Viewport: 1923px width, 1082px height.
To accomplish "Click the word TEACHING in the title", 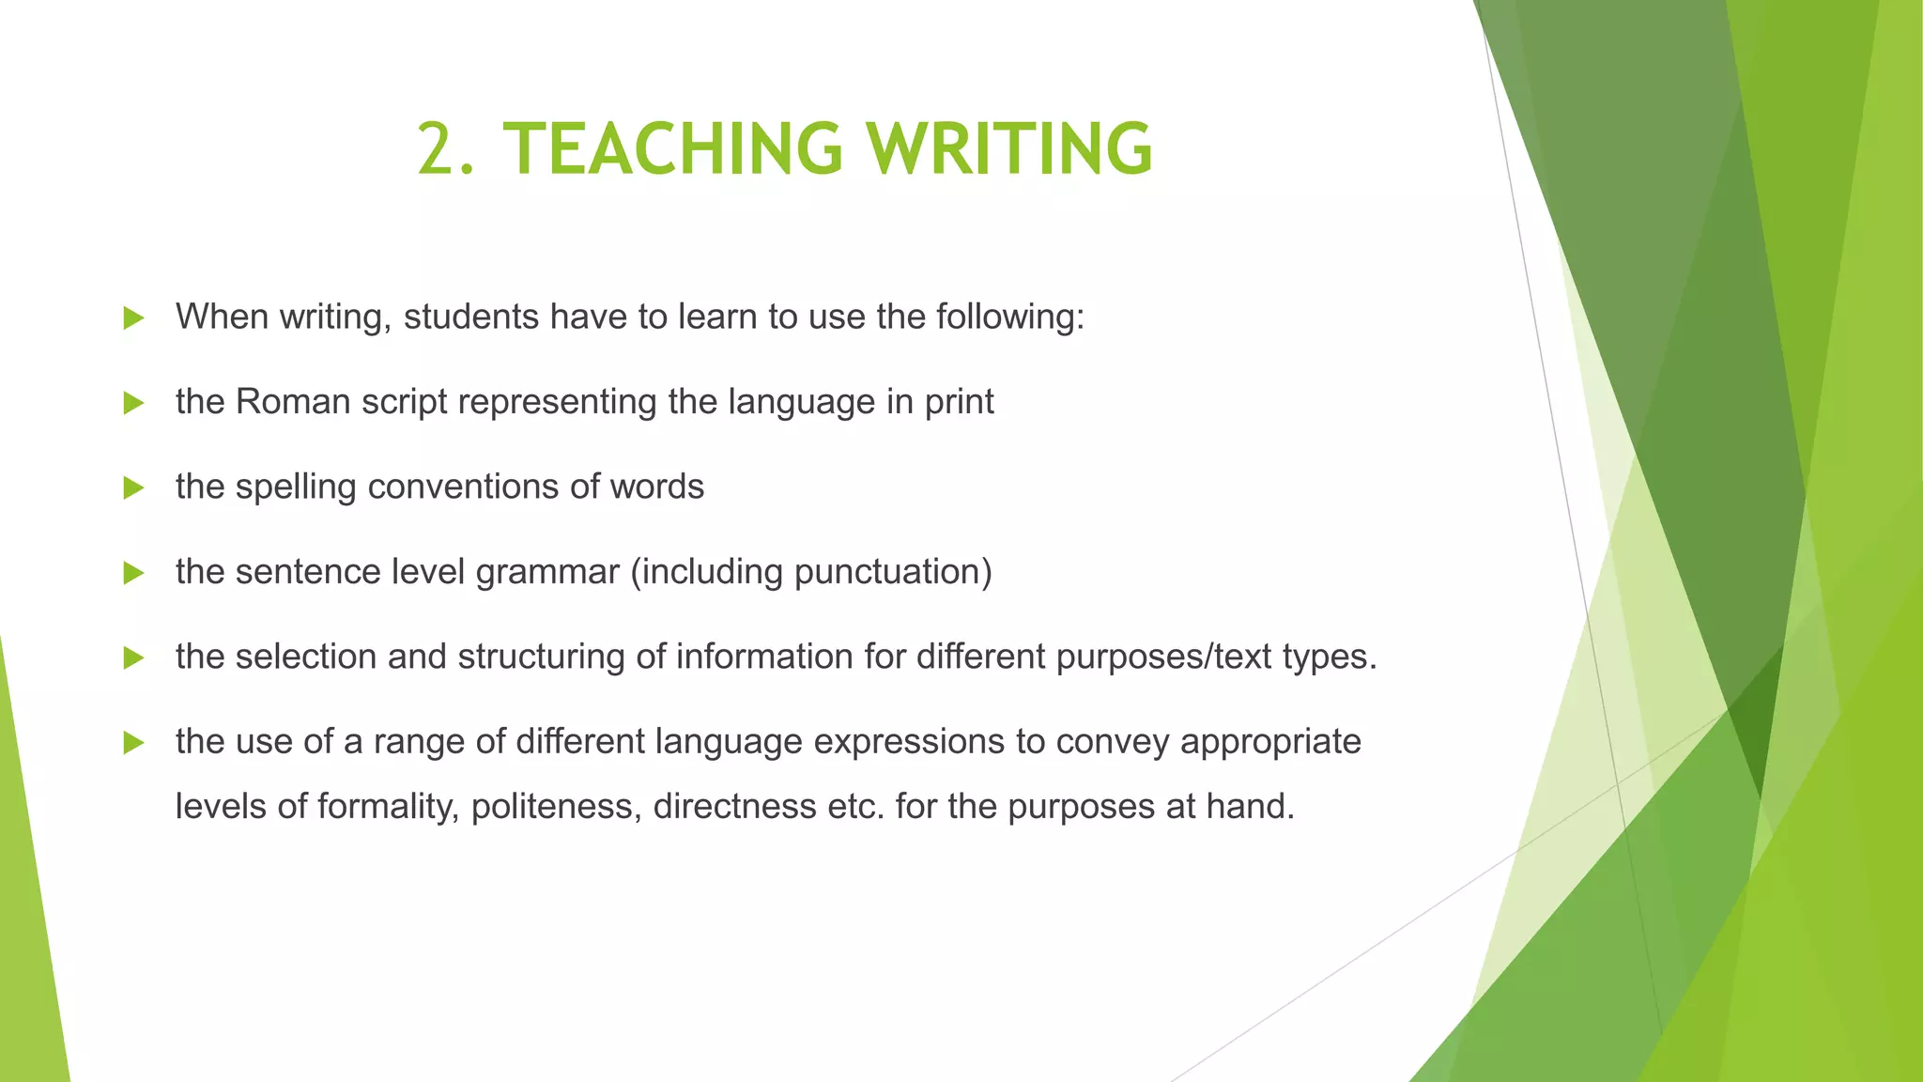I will click(672, 149).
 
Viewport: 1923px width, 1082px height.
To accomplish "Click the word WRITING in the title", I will click(1009, 149).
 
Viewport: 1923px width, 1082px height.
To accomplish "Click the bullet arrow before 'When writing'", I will click(133, 318).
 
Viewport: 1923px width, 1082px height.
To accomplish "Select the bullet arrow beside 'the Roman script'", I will click(133, 403).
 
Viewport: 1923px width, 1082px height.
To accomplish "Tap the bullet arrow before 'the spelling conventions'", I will click(133, 488).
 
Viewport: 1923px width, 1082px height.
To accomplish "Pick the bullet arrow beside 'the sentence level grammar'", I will click(133, 573).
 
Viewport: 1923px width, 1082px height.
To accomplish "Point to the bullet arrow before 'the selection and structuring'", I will click(133, 657).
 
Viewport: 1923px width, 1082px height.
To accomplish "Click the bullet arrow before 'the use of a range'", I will click(133, 743).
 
